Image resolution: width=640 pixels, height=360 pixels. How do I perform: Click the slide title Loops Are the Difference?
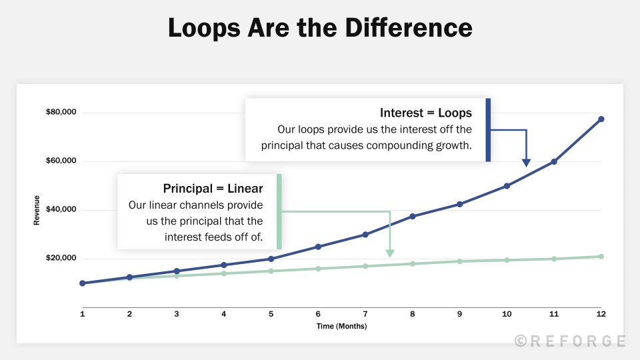pos(320,29)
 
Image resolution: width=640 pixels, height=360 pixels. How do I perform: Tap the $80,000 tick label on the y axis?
pos(61,112)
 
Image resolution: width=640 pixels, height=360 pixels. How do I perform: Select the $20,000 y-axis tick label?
pos(61,259)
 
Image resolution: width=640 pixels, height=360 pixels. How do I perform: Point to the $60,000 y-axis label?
pos(61,161)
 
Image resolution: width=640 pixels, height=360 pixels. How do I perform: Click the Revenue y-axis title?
pos(37,210)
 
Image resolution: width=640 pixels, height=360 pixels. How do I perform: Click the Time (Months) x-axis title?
pos(341,326)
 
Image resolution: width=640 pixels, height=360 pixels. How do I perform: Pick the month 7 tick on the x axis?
pos(365,313)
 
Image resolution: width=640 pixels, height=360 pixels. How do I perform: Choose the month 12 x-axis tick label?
pos(601,313)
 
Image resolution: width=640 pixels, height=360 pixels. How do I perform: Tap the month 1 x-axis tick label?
pos(83,313)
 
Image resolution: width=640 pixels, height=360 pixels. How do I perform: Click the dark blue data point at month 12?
pos(601,119)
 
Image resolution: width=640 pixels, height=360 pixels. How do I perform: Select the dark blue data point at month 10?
pos(507,186)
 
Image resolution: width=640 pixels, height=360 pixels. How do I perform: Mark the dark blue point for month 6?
pos(318,247)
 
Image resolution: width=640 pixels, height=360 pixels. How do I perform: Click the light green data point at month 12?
pos(601,257)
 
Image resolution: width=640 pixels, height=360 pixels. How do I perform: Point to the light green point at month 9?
pos(459,261)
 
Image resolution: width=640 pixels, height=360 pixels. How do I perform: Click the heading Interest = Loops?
pos(425,113)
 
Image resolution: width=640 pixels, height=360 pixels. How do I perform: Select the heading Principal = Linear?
pos(213,189)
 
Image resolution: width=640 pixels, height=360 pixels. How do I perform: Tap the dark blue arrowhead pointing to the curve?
pos(526,162)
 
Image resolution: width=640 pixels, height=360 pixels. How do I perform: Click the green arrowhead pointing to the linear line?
pos(389,253)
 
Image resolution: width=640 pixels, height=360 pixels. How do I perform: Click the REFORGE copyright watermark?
pos(570,341)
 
